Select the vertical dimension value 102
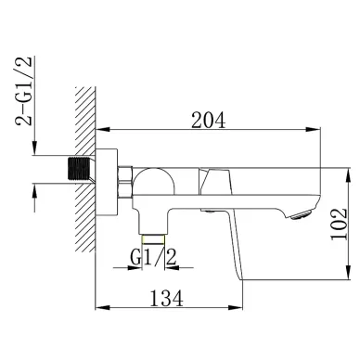pos(340,224)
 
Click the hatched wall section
pos(84,158)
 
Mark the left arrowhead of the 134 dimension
pos(101,310)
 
